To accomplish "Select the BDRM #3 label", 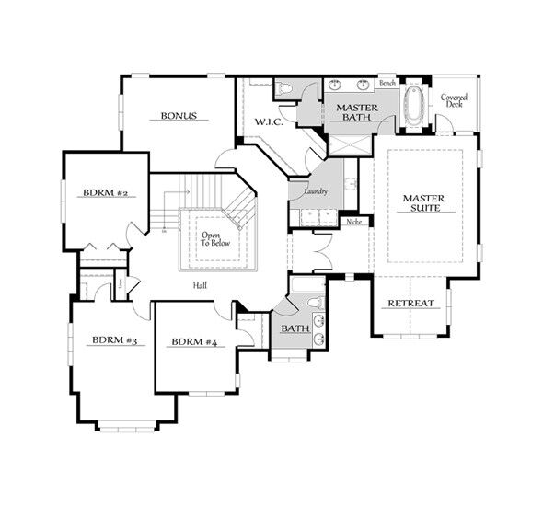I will (114, 340).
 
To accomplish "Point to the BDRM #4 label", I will (193, 342).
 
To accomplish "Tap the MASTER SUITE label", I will (423, 203).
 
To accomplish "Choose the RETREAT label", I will (410, 304).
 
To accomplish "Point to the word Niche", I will (352, 222).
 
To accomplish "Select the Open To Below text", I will (212, 240).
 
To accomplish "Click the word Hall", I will (200, 285).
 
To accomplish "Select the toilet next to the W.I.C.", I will (285, 88).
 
